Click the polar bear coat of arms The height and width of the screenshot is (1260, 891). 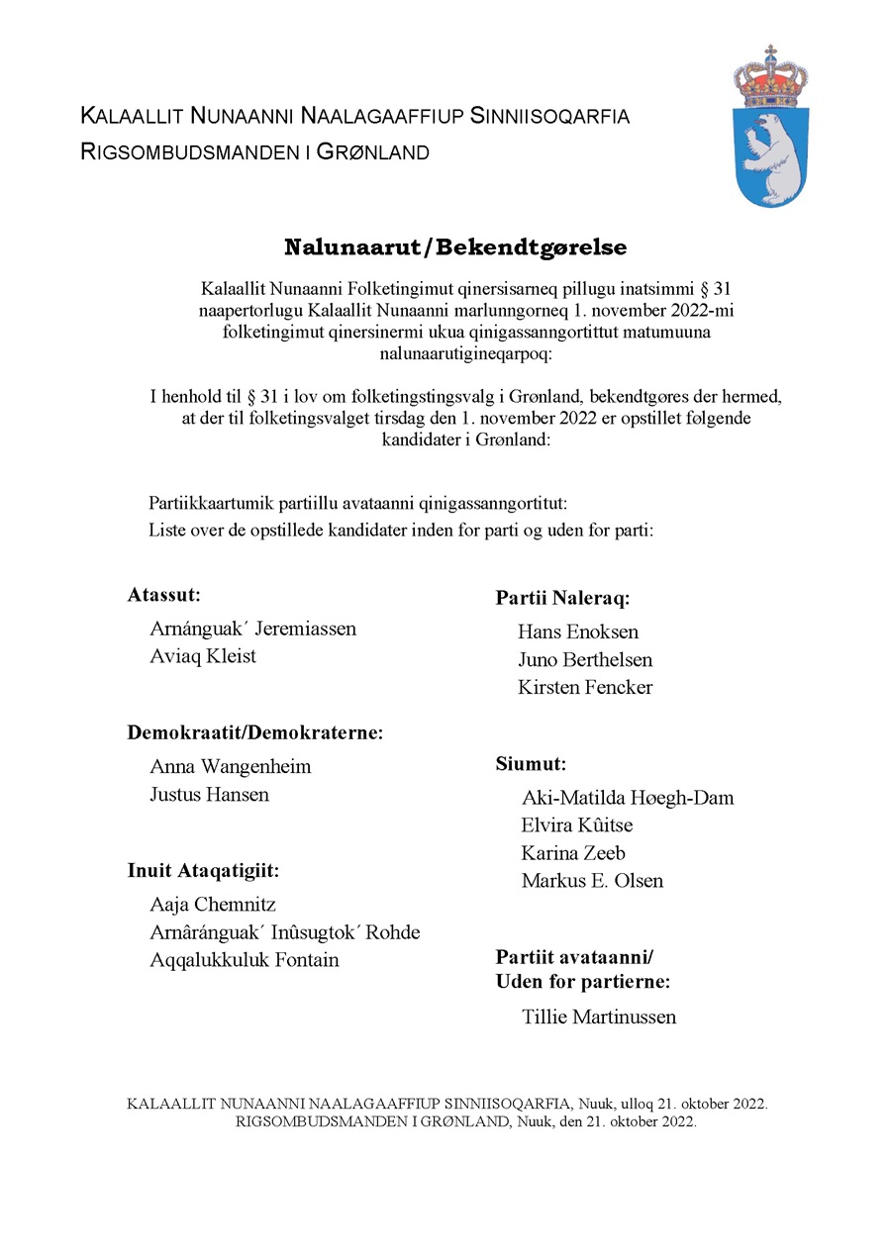pyautogui.click(x=770, y=148)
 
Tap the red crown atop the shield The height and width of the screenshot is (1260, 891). pyautogui.click(x=770, y=79)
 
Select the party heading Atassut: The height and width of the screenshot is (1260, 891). pyautogui.click(x=164, y=595)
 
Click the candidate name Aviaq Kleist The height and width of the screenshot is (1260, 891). pyautogui.click(x=203, y=656)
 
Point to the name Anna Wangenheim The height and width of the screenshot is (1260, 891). pyautogui.click(x=231, y=766)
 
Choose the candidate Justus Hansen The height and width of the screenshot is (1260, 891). pyautogui.click(x=209, y=794)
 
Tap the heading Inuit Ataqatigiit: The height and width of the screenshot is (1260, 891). pyautogui.click(x=203, y=871)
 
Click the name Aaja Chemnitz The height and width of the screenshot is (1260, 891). pyautogui.click(x=213, y=905)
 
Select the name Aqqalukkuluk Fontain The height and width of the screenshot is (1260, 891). pyautogui.click(x=245, y=960)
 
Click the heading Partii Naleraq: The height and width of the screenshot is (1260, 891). pyautogui.click(x=562, y=598)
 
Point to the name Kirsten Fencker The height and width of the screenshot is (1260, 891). pyautogui.click(x=585, y=687)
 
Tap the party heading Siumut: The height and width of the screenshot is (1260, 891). pyautogui.click(x=531, y=764)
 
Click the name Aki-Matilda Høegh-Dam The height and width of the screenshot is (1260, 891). pyautogui.click(x=628, y=798)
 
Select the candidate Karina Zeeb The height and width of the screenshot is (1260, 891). pyautogui.click(x=573, y=853)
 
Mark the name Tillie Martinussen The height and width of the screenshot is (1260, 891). pyautogui.click(x=599, y=1017)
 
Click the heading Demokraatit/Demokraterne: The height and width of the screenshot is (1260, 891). pyautogui.click(x=255, y=732)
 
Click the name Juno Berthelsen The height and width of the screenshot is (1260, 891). pyautogui.click(x=585, y=659)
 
